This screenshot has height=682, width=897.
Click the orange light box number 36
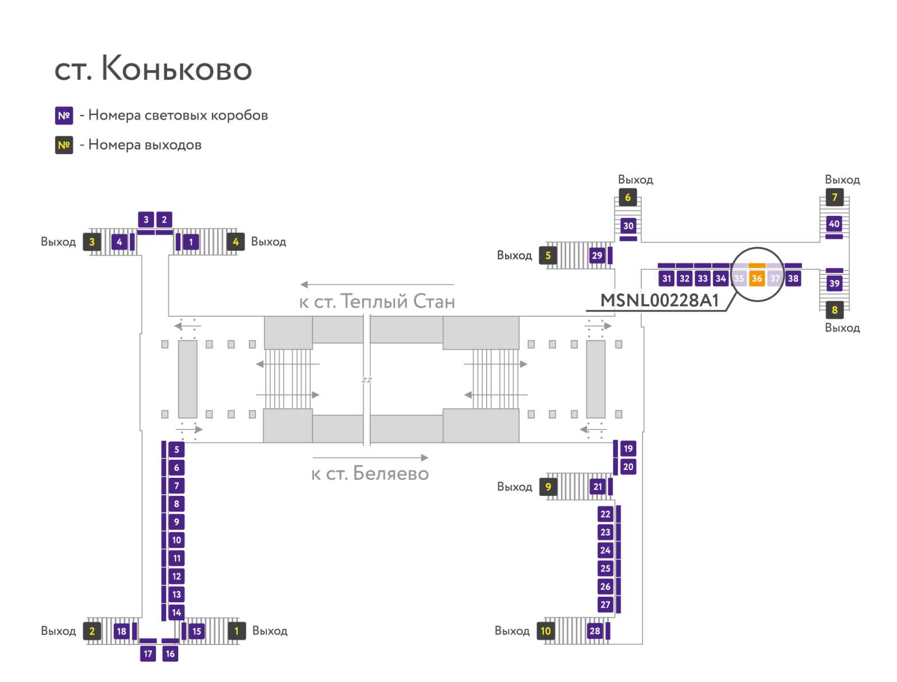click(x=756, y=279)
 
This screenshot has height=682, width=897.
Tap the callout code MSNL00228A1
click(x=659, y=301)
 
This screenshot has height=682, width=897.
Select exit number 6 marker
click(x=628, y=197)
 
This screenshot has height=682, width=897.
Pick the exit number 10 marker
click(x=545, y=631)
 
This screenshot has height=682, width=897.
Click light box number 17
click(x=148, y=653)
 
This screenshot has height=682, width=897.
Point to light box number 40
click(x=834, y=224)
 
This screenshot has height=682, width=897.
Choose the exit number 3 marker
click(x=92, y=242)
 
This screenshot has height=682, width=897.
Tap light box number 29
click(x=597, y=255)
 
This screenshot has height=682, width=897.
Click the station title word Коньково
click(x=177, y=68)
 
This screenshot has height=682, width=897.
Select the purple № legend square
click(x=64, y=116)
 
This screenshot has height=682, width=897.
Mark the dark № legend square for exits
click(x=64, y=145)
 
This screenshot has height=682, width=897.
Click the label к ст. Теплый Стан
click(x=377, y=302)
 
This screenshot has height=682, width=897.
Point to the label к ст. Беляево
click(x=370, y=473)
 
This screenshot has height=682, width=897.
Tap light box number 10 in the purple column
click(x=177, y=540)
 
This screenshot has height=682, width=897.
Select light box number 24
click(x=605, y=550)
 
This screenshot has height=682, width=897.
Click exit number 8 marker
click(x=834, y=310)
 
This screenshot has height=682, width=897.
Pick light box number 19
click(x=628, y=449)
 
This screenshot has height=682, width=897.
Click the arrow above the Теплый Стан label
click(x=377, y=284)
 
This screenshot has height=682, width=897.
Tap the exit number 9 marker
click(x=548, y=487)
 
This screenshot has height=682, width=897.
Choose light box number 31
click(x=667, y=279)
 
